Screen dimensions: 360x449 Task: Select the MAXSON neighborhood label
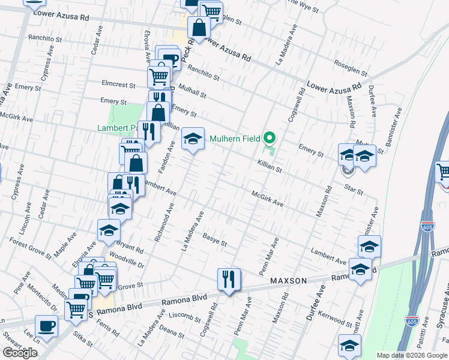289,281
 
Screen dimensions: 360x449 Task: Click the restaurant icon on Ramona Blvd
229,279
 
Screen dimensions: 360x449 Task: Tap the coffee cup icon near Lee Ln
46,328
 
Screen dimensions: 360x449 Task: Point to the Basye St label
214,239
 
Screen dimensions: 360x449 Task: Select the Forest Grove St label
30,247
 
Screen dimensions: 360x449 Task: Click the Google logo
20,353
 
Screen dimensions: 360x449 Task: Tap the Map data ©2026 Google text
411,355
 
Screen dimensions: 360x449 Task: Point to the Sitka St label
79,341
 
